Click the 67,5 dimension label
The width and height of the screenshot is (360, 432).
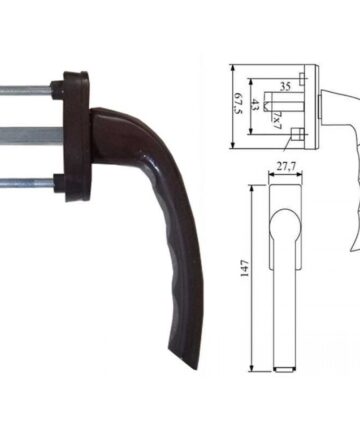[237, 103]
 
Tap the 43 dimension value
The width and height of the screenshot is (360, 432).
[255, 105]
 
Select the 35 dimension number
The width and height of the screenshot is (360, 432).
[285, 86]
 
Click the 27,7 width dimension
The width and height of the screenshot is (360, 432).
[285, 167]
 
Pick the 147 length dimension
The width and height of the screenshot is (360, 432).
[244, 268]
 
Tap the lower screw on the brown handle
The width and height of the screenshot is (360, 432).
[27, 183]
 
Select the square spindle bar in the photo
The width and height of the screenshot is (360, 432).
[31, 137]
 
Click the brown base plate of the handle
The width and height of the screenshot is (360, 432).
[76, 136]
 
